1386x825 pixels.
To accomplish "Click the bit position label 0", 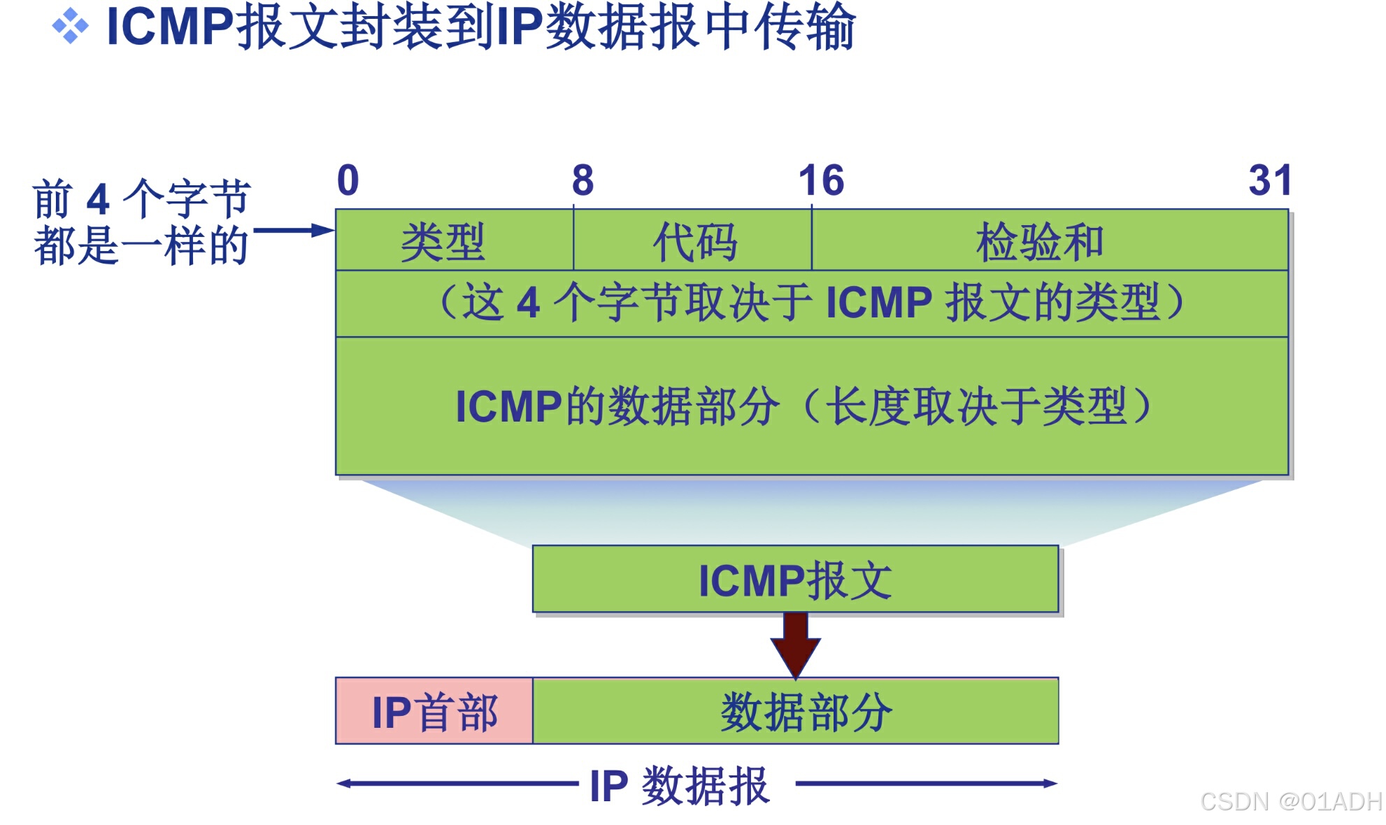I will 348,180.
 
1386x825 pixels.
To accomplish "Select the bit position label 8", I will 583,180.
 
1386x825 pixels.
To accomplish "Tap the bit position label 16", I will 821,180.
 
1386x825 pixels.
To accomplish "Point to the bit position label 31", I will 1270,180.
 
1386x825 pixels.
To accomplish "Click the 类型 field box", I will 454,241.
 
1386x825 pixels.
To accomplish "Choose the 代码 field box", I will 692,241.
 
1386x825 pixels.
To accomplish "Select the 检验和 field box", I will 1049,241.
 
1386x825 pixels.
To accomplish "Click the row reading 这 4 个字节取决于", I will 811,303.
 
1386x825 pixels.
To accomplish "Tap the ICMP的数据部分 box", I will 811,406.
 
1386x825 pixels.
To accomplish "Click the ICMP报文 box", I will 795,580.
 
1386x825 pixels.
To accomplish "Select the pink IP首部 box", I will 434,711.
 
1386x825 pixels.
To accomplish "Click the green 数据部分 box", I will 795,711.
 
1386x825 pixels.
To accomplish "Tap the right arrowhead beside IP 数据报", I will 1050,784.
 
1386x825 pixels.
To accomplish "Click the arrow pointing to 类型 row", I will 294,230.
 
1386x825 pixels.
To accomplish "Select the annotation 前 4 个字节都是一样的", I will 141,222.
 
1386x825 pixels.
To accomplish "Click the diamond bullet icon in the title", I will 71,27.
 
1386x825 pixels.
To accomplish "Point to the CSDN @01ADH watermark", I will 1290,801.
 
